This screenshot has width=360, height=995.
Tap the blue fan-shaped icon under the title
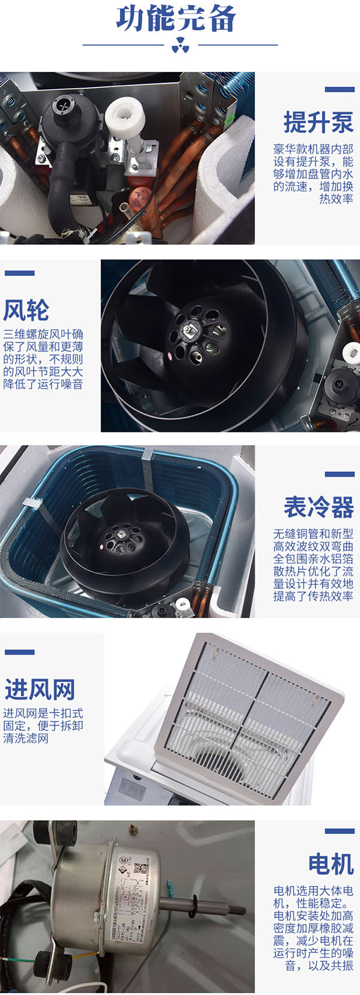click(x=180, y=46)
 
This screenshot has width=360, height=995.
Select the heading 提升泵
click(x=318, y=123)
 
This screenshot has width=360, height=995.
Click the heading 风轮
click(x=26, y=310)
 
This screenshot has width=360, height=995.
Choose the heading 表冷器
click(x=318, y=507)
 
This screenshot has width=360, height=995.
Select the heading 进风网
click(x=40, y=690)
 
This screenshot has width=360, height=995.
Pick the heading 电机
click(x=330, y=864)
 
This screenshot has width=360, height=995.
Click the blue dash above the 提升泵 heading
click(x=340, y=89)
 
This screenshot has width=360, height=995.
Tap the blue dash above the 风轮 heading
click(x=19, y=273)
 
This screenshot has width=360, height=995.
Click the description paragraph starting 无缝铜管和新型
click(x=313, y=564)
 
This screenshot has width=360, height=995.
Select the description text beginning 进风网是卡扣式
click(x=43, y=726)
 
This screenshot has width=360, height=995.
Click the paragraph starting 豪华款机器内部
click(x=313, y=174)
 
